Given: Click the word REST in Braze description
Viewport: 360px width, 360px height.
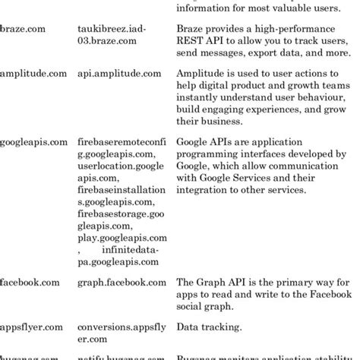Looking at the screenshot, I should pos(191,43).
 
